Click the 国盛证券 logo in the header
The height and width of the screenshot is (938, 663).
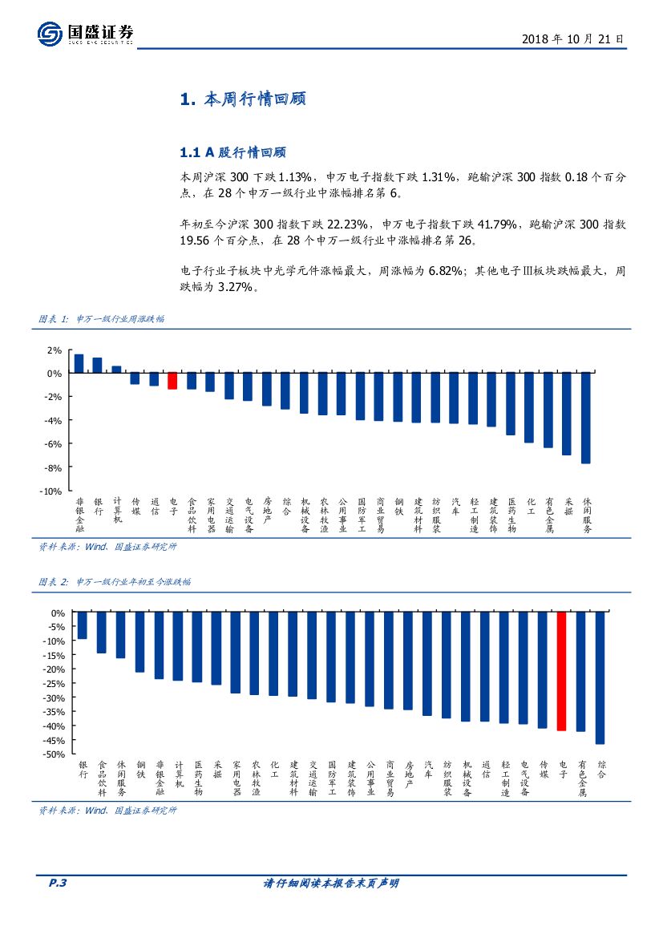[x=85, y=34]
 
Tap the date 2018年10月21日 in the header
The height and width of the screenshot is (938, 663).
[x=572, y=38]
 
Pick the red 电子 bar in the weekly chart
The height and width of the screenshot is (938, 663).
[x=172, y=381]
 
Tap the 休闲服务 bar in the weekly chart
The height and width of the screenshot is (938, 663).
[x=586, y=418]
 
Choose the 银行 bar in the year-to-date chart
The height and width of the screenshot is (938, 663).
[x=82, y=625]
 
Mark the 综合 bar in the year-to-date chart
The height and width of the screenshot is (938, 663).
[x=600, y=677]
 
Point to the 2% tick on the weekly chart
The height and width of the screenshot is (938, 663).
[x=55, y=350]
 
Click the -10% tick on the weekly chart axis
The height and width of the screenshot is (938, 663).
[x=51, y=491]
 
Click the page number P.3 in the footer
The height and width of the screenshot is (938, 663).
[x=51, y=883]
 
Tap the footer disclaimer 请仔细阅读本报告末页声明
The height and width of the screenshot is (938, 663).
[x=331, y=883]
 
